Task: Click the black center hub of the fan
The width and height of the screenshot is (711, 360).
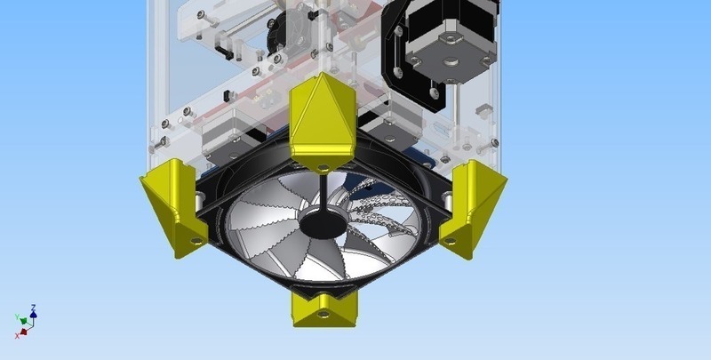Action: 321,222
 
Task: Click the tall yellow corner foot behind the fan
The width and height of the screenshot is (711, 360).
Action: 321,120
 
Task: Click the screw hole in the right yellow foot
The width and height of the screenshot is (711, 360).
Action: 450,238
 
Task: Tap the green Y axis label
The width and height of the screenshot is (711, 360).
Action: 17,317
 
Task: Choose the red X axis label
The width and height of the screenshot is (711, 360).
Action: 18,335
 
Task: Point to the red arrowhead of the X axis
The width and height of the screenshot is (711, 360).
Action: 23,331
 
